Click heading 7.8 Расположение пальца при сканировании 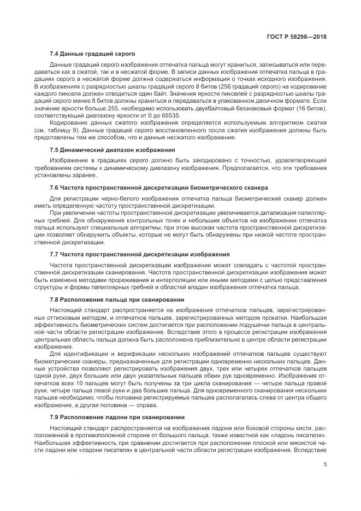coord(116,299)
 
